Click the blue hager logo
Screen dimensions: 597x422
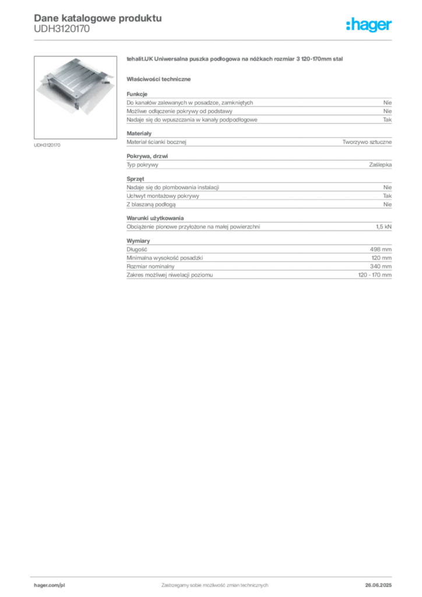[370, 26]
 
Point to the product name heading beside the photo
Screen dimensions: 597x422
[235, 60]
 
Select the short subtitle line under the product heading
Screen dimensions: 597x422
[161, 79]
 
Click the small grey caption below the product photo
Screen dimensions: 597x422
[48, 145]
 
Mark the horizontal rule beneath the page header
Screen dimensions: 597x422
[214, 40]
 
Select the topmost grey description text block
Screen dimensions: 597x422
[258, 108]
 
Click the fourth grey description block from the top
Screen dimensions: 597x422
[258, 192]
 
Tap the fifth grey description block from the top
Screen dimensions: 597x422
[258, 224]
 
